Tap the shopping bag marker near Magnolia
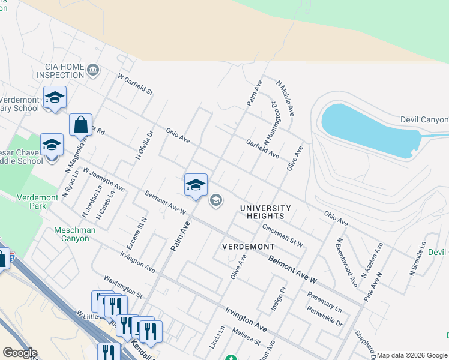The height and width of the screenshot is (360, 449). [x=80, y=125]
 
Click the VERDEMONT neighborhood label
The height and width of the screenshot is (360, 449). [x=248, y=247]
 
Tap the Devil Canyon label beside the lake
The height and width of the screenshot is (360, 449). [x=424, y=120]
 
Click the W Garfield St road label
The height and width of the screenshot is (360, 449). [x=136, y=86]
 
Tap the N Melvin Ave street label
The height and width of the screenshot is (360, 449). [x=285, y=98]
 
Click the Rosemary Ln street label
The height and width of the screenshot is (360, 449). [x=324, y=302]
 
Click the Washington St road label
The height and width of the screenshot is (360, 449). [x=123, y=287]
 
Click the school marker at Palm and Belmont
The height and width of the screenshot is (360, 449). [x=196, y=185]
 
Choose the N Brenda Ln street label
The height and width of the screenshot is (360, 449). [x=418, y=259]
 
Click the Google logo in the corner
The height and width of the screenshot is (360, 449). [x=20, y=353]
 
